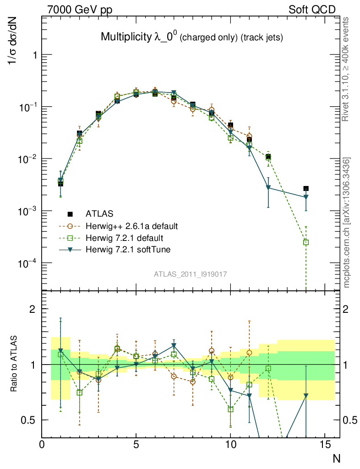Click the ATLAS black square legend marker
click(70, 213)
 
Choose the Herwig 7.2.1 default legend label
click(125, 238)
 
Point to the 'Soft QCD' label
click(312, 9)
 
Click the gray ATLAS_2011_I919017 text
click(191, 274)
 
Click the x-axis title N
click(337, 458)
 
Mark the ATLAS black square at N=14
click(306, 188)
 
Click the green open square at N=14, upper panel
click(306, 242)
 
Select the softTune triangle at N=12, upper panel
click(268, 188)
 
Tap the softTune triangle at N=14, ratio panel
click(306, 395)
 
